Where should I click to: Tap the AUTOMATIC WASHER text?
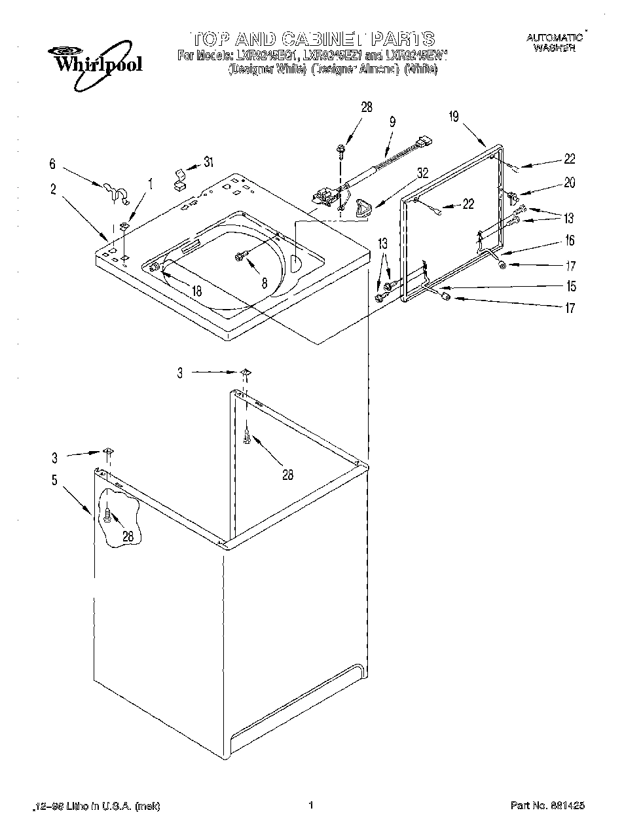(554, 43)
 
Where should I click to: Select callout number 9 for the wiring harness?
(392, 121)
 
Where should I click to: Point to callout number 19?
(454, 117)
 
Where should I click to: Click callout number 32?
(423, 174)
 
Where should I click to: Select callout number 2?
(53, 191)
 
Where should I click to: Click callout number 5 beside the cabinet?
(55, 480)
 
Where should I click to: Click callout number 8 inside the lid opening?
(265, 283)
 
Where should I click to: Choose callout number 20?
(569, 183)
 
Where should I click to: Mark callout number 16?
(570, 241)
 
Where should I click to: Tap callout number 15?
(571, 286)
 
